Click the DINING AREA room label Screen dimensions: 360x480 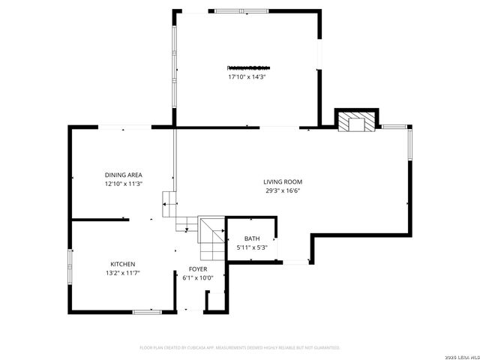tap(124, 175)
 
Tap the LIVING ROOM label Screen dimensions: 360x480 tap(282, 181)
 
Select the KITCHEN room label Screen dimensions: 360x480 tap(123, 264)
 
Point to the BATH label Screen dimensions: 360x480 tap(251, 238)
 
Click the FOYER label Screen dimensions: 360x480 tap(198, 268)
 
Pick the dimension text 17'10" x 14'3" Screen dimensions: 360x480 tap(247, 76)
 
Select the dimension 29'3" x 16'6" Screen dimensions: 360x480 tap(282, 190)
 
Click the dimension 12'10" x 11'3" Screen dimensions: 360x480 tap(124, 184)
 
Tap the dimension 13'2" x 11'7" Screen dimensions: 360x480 tap(123, 273)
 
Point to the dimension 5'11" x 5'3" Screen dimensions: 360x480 tap(251, 247)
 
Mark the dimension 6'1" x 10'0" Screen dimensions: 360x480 tap(198, 277)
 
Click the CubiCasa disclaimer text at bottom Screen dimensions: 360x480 tap(240, 347)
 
